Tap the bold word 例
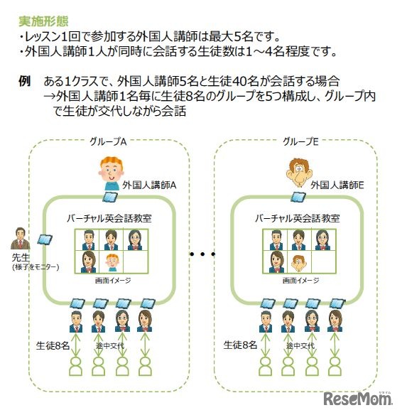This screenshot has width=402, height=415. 24,82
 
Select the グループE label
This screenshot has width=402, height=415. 299,142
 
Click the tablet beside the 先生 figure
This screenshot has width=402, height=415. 45,240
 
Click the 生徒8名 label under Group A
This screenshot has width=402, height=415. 53,346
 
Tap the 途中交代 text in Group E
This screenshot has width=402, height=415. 299,346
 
